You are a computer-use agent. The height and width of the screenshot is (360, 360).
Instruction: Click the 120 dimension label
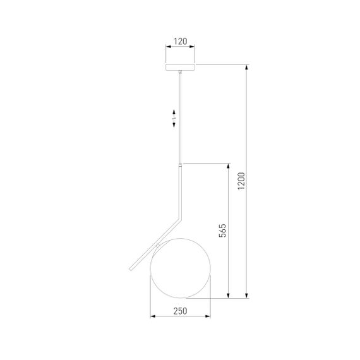180,42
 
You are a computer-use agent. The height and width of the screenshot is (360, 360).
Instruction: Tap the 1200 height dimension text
241,181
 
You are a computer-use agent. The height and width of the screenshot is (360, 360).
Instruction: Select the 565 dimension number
222,231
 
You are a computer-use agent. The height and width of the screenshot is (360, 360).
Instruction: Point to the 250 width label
180,311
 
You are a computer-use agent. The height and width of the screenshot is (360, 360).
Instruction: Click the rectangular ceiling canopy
180,67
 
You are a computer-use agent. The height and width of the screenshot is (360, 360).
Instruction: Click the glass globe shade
181,268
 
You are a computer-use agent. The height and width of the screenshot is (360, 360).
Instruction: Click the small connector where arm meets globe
157,246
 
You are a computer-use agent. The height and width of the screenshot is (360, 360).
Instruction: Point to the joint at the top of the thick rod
180,165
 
